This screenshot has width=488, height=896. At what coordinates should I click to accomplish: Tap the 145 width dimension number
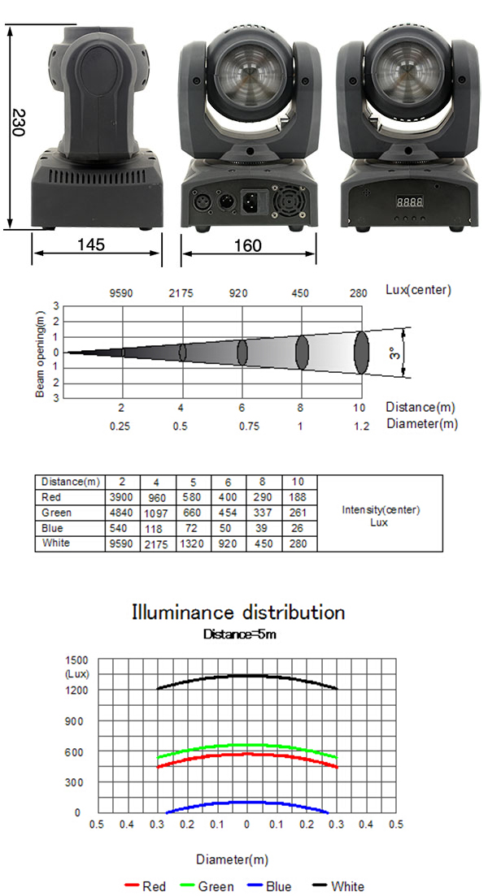[x=92, y=245]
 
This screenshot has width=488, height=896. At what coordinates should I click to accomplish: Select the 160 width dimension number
[x=248, y=245]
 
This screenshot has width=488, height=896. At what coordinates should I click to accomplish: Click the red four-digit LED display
[x=410, y=201]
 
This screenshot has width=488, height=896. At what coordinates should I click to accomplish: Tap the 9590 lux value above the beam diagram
[x=121, y=294]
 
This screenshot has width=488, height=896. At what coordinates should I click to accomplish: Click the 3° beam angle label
[x=394, y=353]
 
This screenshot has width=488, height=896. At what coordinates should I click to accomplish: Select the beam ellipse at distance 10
[x=362, y=353]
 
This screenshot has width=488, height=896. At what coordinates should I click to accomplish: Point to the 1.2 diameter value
[x=362, y=426]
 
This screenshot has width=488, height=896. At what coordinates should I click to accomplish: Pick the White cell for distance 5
[x=193, y=543]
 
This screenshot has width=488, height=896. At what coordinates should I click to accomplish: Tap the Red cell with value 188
[x=298, y=497]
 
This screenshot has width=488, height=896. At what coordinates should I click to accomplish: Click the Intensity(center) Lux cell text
[x=381, y=516]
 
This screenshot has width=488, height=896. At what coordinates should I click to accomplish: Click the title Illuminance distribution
[x=238, y=612]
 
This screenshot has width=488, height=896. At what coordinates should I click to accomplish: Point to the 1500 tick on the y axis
[x=77, y=660]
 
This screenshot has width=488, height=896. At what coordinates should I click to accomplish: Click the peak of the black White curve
[x=247, y=675]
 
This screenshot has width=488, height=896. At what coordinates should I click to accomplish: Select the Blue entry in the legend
[x=269, y=886]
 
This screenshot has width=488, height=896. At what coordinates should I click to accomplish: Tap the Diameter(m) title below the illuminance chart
[x=233, y=859]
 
